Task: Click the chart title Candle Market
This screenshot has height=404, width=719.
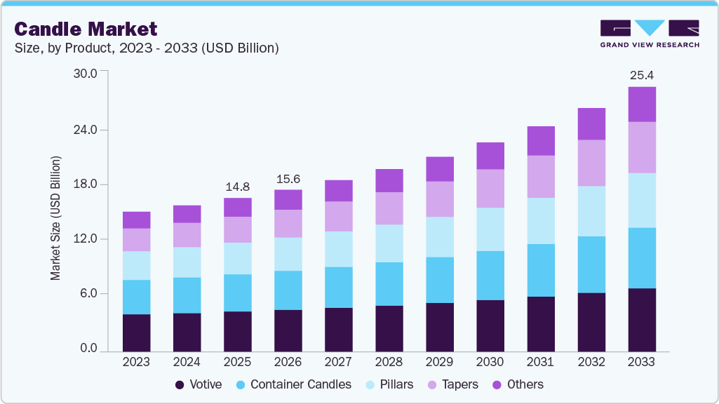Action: tap(86, 29)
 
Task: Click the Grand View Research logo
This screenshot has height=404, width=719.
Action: tap(650, 34)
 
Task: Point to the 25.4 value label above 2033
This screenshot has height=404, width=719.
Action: tap(641, 75)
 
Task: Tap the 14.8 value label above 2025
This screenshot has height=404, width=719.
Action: tap(237, 187)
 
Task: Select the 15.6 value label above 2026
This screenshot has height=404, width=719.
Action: tap(288, 179)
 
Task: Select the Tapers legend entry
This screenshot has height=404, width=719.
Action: tap(453, 384)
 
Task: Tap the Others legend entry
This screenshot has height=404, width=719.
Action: tap(518, 384)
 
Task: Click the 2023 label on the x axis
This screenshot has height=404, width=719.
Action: tap(136, 362)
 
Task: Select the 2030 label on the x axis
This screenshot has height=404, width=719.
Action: tap(490, 362)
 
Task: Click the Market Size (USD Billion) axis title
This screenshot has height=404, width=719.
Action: tap(55, 218)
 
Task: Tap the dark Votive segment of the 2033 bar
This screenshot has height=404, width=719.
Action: tap(641, 320)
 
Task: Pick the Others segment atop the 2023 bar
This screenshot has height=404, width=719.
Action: tap(136, 220)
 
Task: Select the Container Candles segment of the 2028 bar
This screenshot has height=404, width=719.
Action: tap(389, 284)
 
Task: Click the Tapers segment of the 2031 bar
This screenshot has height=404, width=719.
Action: tap(540, 177)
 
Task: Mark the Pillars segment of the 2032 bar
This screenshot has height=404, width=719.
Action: tap(591, 211)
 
